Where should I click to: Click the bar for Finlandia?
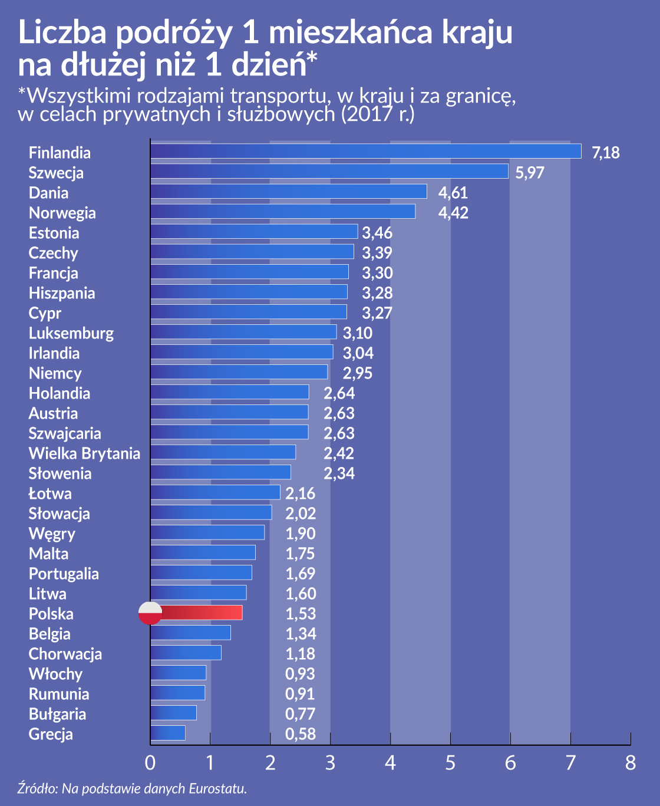(x=365, y=152)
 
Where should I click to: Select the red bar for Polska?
(x=200, y=613)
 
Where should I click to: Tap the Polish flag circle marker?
(x=150, y=613)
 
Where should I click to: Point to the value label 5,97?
(x=529, y=173)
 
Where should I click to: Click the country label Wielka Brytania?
(x=84, y=453)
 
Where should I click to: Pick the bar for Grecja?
(x=168, y=733)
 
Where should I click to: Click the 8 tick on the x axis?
(x=630, y=762)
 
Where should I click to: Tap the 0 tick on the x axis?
(x=150, y=762)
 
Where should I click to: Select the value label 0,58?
(x=300, y=734)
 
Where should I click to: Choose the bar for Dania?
(x=289, y=192)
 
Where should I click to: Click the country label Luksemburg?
(x=71, y=333)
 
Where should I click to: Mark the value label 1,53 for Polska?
(x=300, y=614)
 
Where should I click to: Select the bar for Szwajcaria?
(x=230, y=432)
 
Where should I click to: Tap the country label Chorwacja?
(x=65, y=654)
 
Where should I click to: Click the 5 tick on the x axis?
(x=450, y=762)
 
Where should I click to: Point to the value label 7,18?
(x=605, y=153)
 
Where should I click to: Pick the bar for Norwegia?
(x=283, y=212)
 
